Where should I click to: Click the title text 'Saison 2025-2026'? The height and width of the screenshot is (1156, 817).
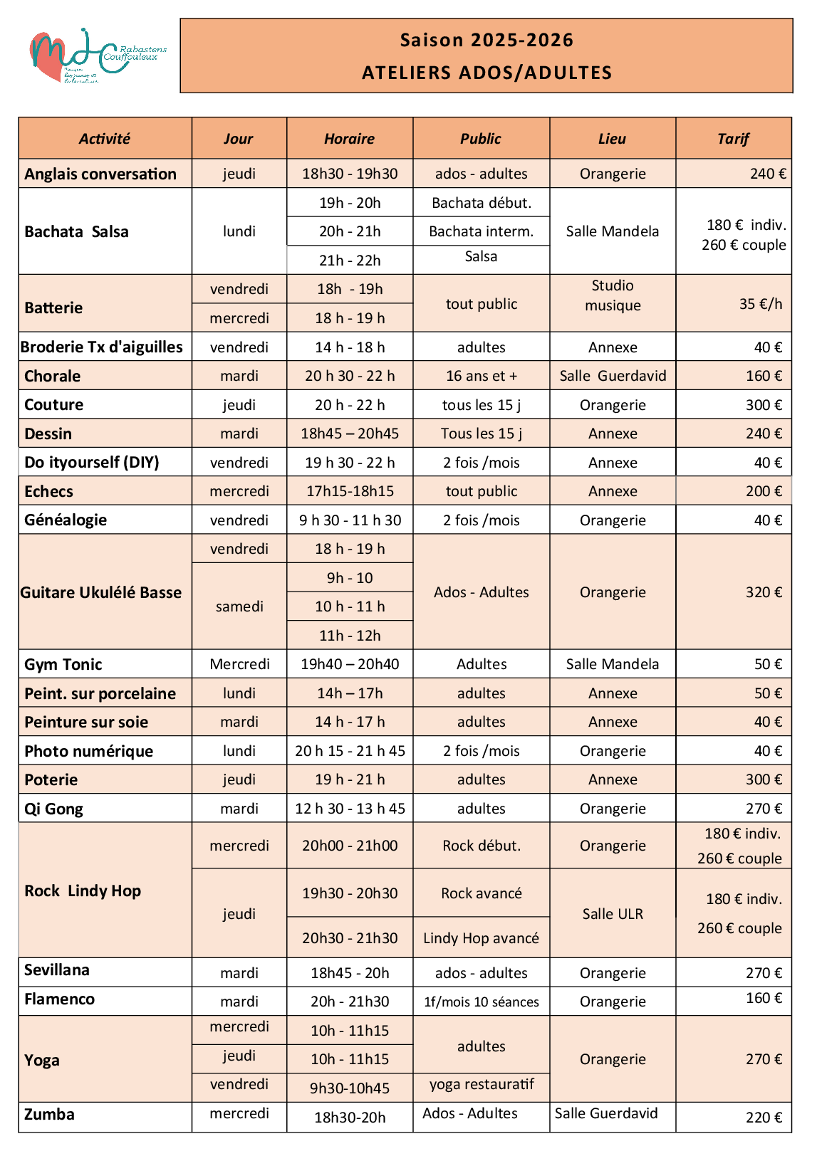tap(486, 40)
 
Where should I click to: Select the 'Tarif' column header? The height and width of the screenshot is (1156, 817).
tap(733, 139)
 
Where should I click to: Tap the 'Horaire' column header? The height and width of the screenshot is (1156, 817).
tap(349, 139)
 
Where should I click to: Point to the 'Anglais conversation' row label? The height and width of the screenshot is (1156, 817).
tap(100, 174)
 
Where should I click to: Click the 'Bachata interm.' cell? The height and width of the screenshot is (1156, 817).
tap(481, 231)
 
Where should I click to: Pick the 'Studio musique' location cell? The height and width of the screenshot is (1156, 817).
tap(613, 295)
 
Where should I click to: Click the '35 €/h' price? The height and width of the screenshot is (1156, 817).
tap(760, 304)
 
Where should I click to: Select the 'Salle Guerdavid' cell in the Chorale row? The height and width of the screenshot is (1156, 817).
tap(613, 376)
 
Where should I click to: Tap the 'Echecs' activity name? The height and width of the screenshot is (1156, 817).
tap(48, 492)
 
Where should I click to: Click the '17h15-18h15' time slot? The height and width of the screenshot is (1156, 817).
tap(350, 491)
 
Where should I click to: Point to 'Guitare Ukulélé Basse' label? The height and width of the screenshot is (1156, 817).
tap(101, 592)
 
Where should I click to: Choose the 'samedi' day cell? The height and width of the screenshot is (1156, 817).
tap(239, 606)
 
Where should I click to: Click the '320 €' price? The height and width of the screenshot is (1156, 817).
tap(763, 592)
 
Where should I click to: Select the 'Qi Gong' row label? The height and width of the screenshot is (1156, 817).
tap(53, 809)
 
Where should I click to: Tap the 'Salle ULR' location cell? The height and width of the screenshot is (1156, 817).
tap(613, 914)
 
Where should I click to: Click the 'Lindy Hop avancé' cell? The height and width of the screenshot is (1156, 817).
tap(481, 938)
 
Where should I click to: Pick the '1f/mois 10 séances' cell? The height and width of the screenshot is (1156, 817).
tap(481, 1002)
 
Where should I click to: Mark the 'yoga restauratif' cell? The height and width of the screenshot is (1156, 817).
tap(481, 1084)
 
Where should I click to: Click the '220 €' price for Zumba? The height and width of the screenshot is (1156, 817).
tap(763, 1118)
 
